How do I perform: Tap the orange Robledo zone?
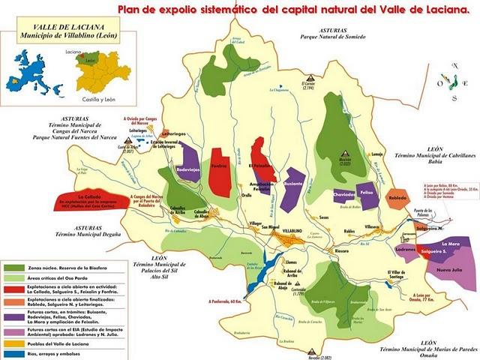(397, 199)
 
